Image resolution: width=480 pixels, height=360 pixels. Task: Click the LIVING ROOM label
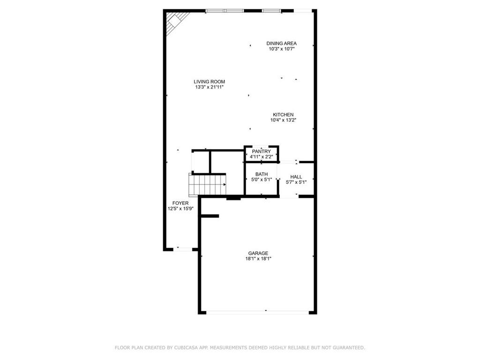click(209, 82)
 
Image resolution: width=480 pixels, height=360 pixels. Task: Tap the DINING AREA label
click(281, 43)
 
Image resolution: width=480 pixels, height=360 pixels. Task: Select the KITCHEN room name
click(284, 114)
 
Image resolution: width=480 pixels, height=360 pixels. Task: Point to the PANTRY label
click(261, 151)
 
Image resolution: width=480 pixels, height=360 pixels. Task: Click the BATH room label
click(262, 174)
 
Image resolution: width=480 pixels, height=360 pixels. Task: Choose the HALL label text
click(296, 177)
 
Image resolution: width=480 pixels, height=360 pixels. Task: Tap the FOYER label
click(180, 203)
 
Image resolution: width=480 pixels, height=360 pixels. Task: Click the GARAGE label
click(258, 253)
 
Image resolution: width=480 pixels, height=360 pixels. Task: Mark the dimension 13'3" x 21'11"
click(209, 87)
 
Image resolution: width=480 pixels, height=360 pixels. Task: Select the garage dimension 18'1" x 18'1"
click(258, 259)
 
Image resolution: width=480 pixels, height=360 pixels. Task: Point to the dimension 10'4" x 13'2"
click(284, 120)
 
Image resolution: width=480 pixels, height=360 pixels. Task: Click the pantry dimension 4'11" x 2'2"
click(261, 157)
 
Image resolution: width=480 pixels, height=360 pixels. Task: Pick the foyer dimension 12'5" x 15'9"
click(180, 209)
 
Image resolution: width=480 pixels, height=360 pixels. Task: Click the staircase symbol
click(208, 184)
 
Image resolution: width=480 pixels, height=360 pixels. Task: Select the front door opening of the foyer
click(185, 249)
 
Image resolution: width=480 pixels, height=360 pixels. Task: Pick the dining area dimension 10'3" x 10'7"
click(281, 49)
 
